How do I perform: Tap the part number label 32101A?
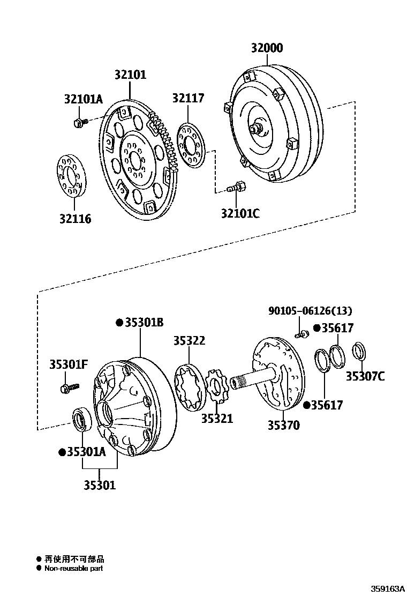point(83,99)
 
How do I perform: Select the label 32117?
point(188,98)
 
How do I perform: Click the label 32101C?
point(240,213)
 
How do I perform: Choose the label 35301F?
point(68,364)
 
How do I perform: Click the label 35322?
point(189,341)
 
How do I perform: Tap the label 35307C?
point(365,376)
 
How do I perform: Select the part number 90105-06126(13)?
point(310,311)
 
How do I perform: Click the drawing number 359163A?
point(384,588)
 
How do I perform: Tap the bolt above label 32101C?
point(236,188)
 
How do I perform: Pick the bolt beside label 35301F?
point(70,387)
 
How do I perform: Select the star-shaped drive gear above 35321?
point(217,388)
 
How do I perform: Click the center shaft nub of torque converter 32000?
point(255,129)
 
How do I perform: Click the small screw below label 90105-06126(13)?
point(301,334)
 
